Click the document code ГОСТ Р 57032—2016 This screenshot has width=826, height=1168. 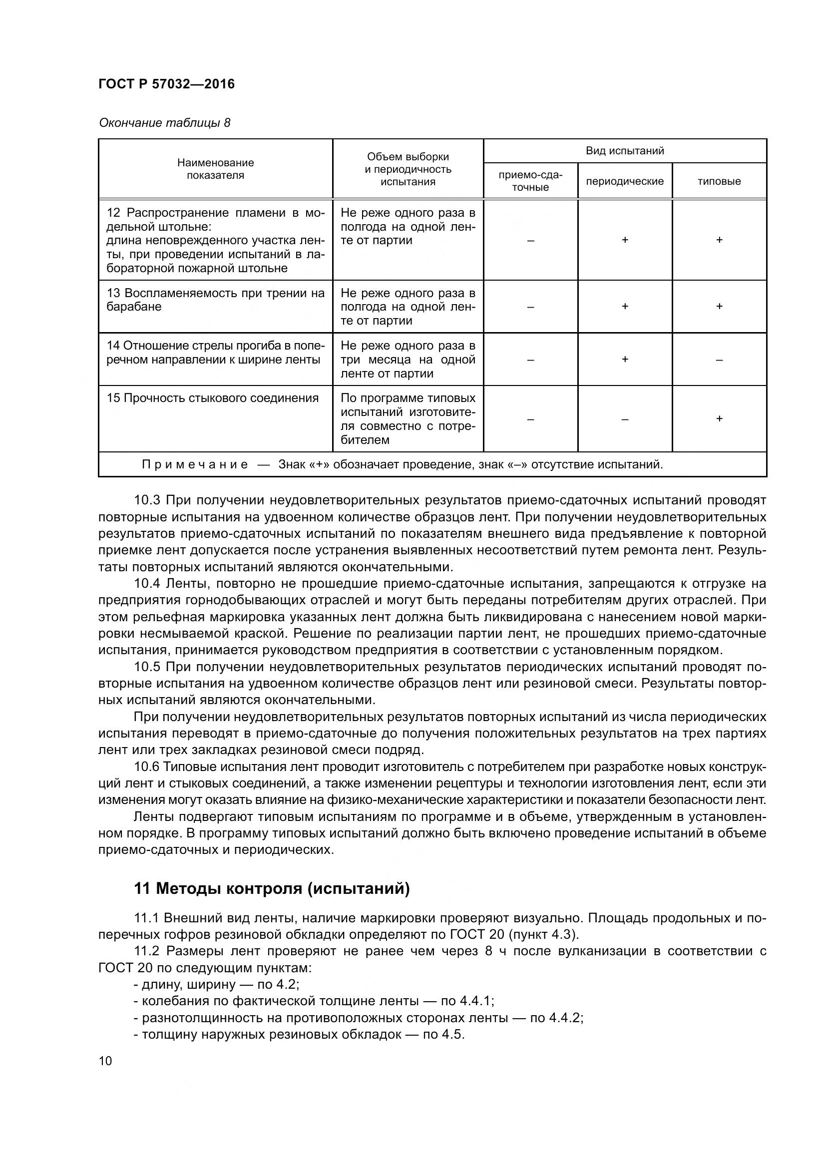[166, 84]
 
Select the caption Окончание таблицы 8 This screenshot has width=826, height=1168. [164, 123]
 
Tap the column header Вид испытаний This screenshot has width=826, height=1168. [625, 151]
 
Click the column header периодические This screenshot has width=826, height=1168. [625, 181]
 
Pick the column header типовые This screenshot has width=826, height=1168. [719, 181]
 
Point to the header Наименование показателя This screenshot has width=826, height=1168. [215, 169]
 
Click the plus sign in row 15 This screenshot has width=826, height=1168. [719, 418]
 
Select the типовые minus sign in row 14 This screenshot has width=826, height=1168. [719, 360]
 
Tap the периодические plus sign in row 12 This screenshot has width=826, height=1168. [625, 240]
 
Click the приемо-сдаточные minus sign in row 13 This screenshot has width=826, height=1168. [530, 307]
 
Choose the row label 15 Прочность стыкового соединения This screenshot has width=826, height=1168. [213, 398]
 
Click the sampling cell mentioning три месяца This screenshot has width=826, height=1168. [408, 359]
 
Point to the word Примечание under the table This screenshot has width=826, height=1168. [195, 464]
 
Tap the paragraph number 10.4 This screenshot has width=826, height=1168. [147, 583]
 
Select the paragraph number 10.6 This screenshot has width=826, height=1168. [147, 767]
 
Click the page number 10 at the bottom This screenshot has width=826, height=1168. [105, 1061]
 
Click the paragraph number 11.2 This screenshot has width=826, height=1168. [146, 951]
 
